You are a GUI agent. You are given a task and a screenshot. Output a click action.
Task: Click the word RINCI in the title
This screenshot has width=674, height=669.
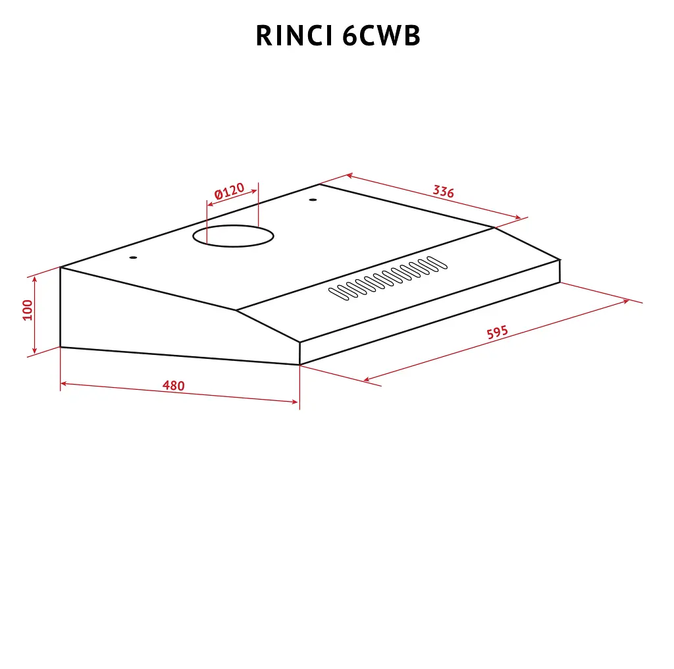click(294, 36)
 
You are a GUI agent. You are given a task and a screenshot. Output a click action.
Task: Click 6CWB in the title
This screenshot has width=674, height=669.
click(381, 36)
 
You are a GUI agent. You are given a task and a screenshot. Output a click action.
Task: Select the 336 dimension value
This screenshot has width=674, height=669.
click(443, 192)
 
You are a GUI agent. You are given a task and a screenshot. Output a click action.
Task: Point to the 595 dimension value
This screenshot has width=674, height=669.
click(498, 332)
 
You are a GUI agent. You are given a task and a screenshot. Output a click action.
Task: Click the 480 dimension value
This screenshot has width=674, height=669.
click(174, 385)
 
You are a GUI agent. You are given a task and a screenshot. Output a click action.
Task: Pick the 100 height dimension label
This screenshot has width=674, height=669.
click(28, 310)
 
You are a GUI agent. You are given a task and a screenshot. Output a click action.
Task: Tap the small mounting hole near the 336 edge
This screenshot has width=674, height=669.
click(313, 200)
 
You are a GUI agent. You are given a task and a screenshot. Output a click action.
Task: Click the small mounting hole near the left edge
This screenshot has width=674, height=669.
click(133, 257)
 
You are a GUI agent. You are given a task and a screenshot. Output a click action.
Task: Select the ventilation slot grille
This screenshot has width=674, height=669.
click(388, 278)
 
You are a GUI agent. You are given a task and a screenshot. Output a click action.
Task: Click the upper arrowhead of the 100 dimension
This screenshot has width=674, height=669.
click(35, 279)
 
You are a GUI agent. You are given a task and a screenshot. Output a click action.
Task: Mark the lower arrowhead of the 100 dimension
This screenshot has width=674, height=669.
click(35, 350)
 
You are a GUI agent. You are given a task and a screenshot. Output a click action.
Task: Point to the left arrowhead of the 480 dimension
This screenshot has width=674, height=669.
click(63, 383)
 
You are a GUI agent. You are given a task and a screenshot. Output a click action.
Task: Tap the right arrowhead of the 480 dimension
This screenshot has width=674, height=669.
click(294, 402)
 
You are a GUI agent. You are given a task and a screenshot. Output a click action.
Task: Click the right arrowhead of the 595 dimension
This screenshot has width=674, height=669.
click(627, 302)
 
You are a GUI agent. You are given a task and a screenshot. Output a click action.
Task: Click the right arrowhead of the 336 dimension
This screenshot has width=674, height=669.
click(518, 217)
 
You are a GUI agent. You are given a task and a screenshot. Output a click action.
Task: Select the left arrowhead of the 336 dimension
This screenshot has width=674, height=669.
click(350, 175)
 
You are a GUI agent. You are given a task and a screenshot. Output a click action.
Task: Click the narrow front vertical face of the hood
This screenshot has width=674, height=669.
click(430, 312)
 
